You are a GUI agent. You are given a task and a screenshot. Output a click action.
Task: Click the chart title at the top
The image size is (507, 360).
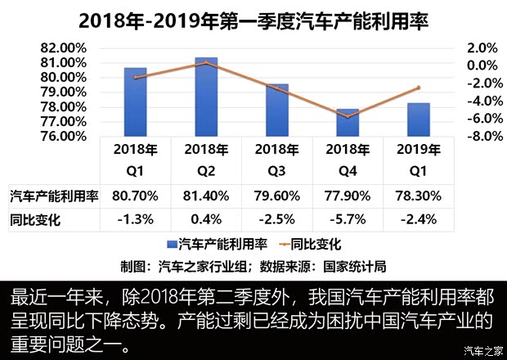tap(253, 18)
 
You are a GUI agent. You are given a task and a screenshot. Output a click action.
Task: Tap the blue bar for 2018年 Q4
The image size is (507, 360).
tap(348, 122)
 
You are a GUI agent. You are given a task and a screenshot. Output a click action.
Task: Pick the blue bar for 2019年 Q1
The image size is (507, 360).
tap(418, 119)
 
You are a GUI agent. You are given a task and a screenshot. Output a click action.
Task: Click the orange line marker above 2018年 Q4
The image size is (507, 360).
tap(348, 117)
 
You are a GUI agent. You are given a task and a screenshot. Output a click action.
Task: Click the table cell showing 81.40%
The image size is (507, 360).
tap(207, 196)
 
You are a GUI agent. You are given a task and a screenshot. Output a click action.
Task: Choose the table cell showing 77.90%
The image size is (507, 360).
tap(348, 196)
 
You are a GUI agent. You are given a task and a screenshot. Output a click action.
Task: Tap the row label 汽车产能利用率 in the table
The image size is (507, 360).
tap(50, 196)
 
